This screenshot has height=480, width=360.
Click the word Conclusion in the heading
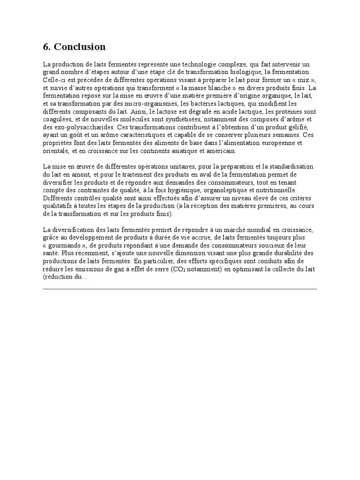pyautogui.click(x=80, y=47)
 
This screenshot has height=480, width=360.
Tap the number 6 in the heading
pyautogui.click(x=45, y=47)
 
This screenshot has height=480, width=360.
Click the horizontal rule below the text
pyautogui.click(x=180, y=289)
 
